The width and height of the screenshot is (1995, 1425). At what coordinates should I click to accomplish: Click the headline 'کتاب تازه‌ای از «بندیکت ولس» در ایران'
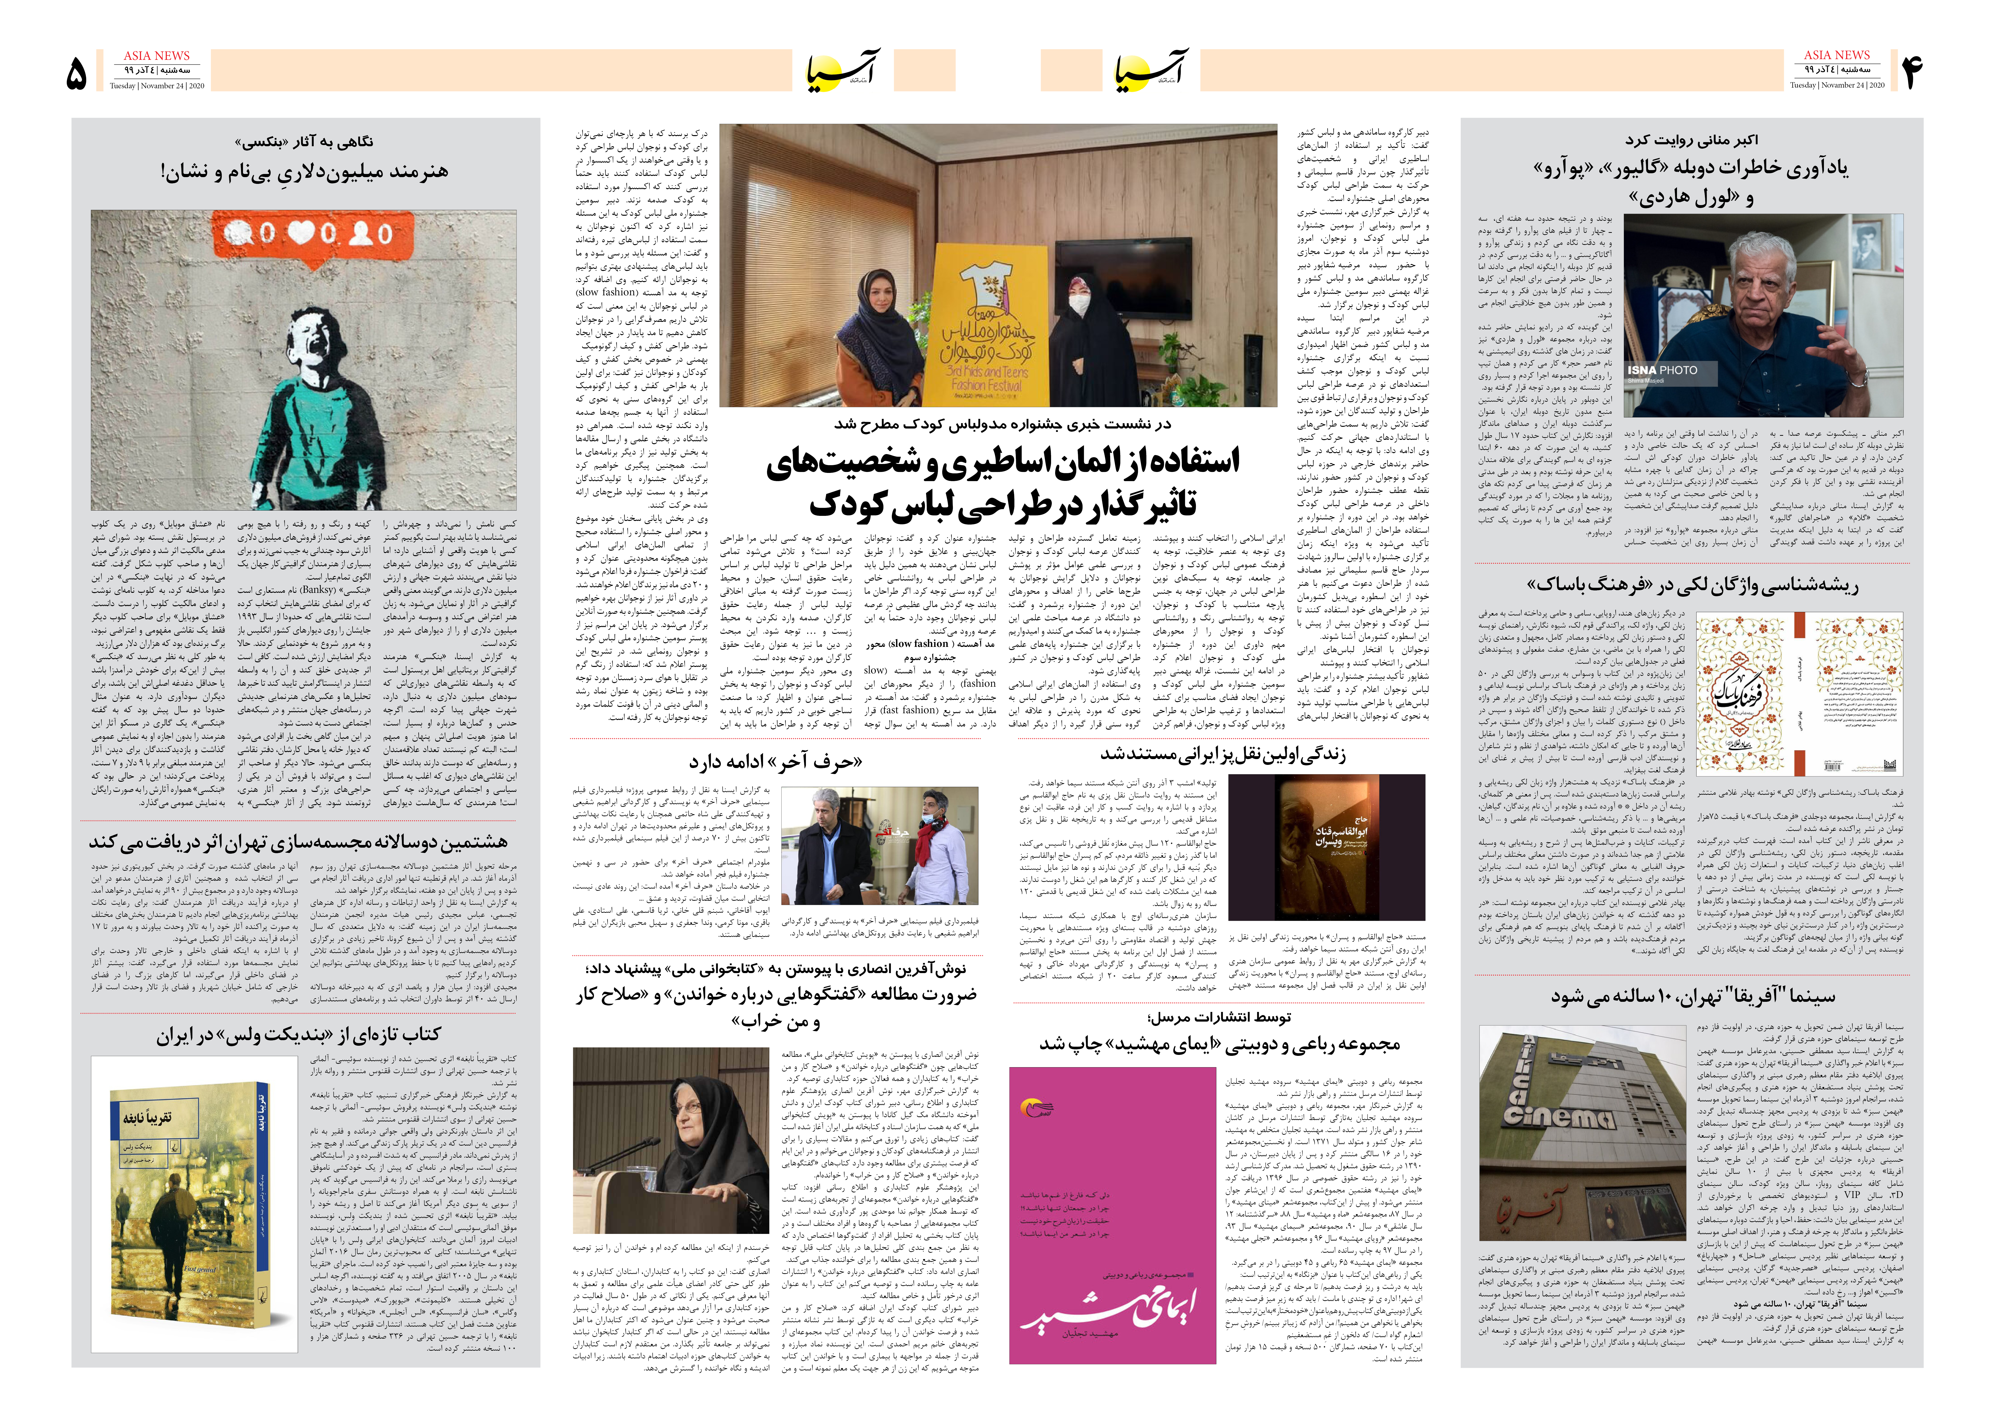click(x=298, y=1035)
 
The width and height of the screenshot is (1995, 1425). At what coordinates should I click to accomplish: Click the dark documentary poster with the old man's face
click(x=1327, y=846)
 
